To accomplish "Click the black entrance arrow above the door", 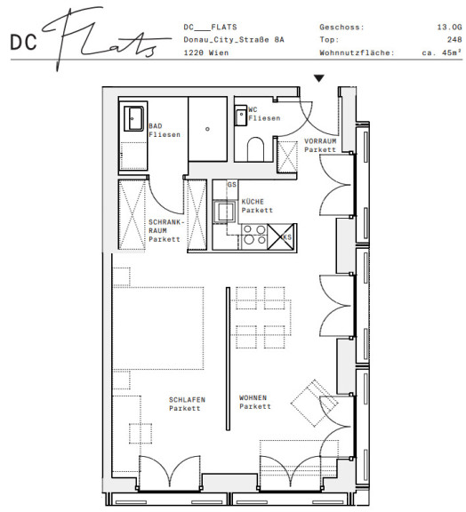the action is [x=319, y=78].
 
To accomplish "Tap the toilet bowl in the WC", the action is [x=255, y=149].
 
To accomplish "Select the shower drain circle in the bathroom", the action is [x=207, y=129].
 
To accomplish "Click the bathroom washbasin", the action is [x=134, y=118].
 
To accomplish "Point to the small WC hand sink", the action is [x=241, y=116].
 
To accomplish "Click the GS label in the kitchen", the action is [x=232, y=185].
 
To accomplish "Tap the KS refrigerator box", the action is [x=282, y=237].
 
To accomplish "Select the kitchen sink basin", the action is [x=224, y=212].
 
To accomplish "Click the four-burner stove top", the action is [x=254, y=235].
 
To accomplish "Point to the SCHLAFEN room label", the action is [x=187, y=400].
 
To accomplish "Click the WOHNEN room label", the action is [x=253, y=397].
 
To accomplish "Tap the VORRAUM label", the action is [x=320, y=141].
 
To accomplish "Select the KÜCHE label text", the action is [x=253, y=202].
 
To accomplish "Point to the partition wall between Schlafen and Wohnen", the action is [x=228, y=359].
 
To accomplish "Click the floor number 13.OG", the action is [x=449, y=27].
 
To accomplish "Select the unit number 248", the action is [x=454, y=39].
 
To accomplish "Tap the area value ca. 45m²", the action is [x=442, y=52].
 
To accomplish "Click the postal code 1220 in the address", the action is [x=193, y=52].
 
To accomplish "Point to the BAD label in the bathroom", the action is [x=156, y=126].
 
